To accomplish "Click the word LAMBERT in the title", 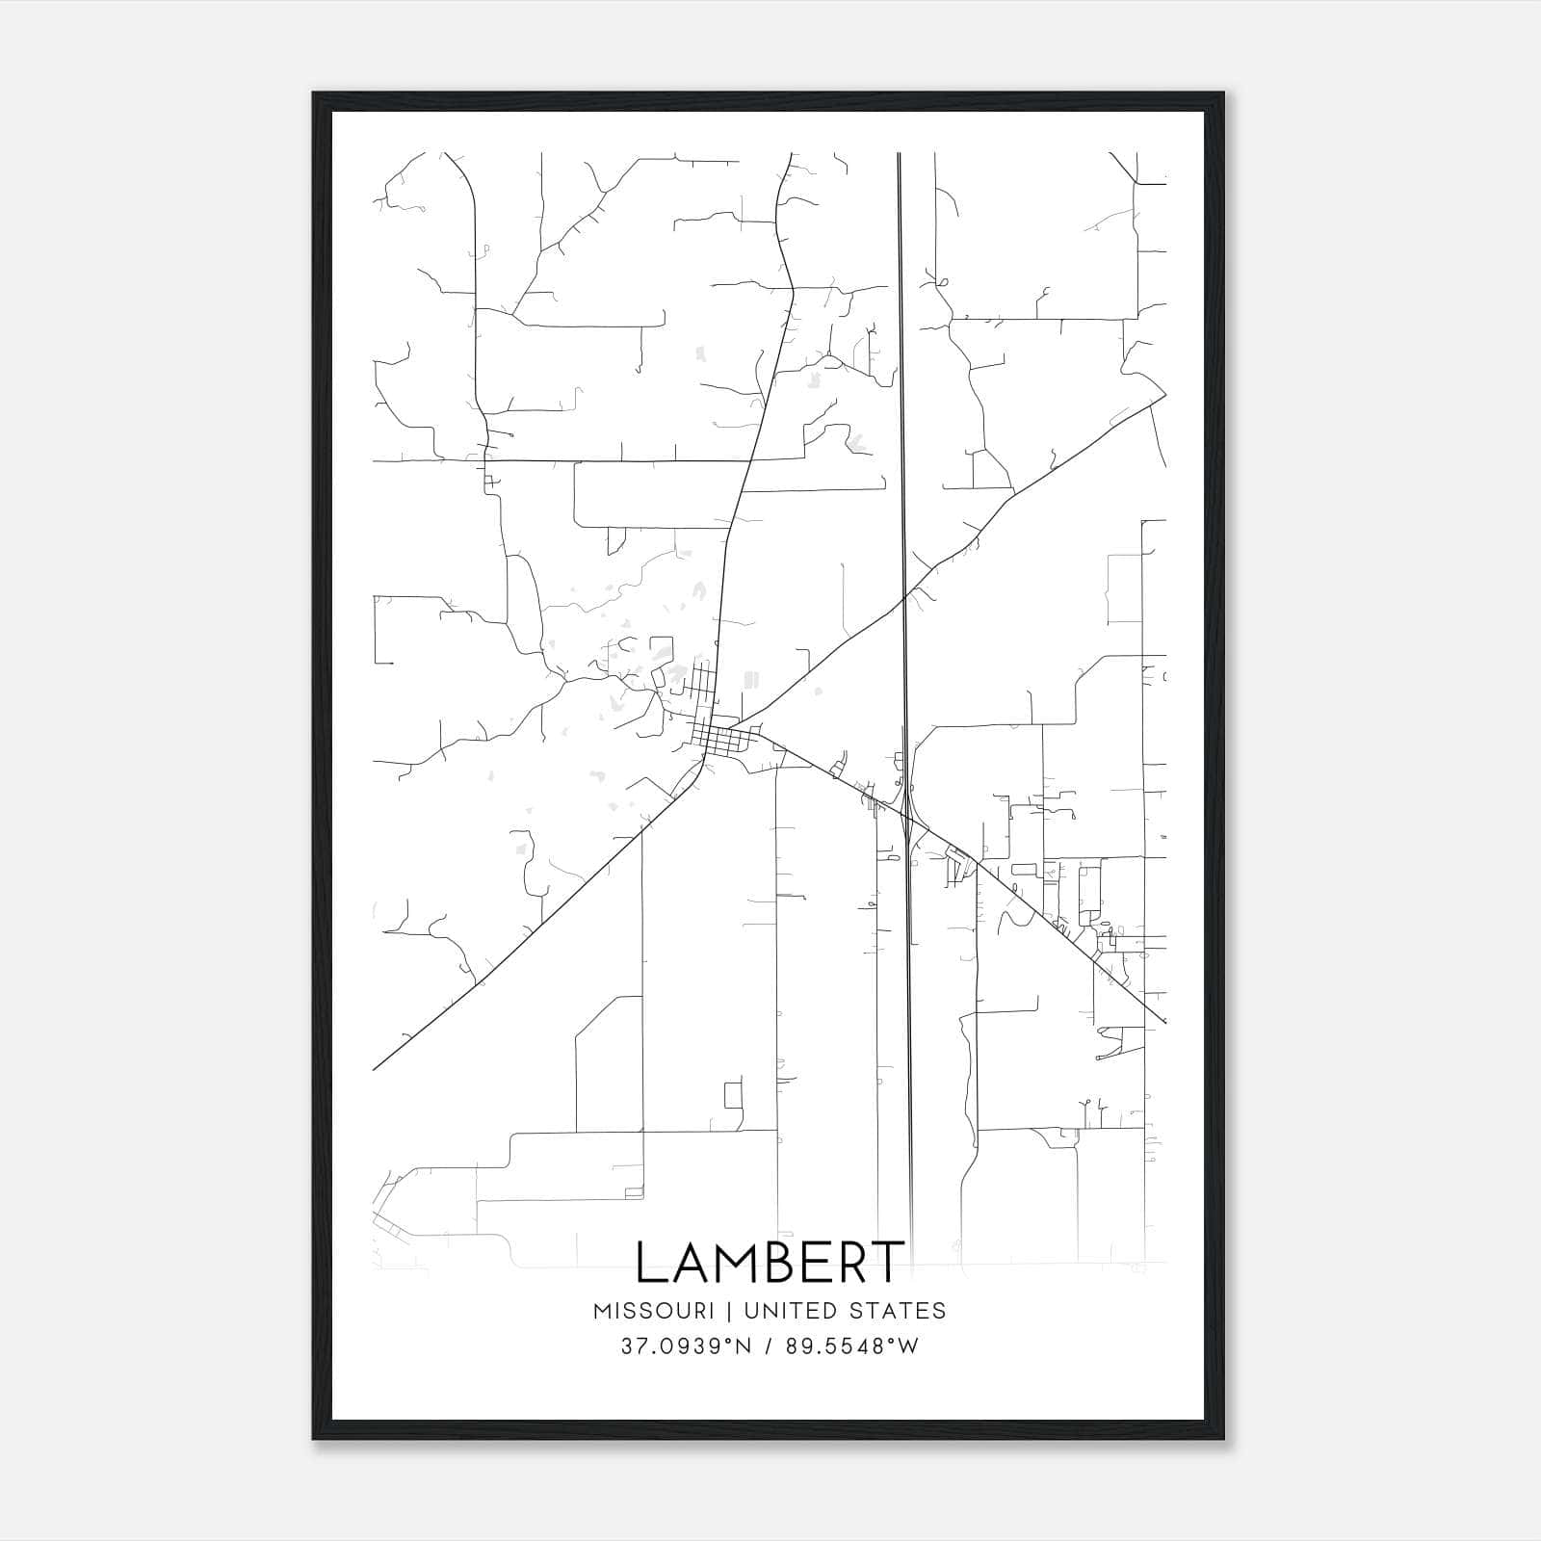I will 770,1262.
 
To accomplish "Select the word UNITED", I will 808,1311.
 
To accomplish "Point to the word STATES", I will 906,1311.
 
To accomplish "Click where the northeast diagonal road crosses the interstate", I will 903,599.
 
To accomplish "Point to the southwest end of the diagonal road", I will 374,1069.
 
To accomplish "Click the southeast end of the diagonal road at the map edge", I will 1164,1021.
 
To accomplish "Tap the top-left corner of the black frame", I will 314,93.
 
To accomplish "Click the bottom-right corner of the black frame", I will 1223,1439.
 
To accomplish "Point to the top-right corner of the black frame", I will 1223,93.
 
